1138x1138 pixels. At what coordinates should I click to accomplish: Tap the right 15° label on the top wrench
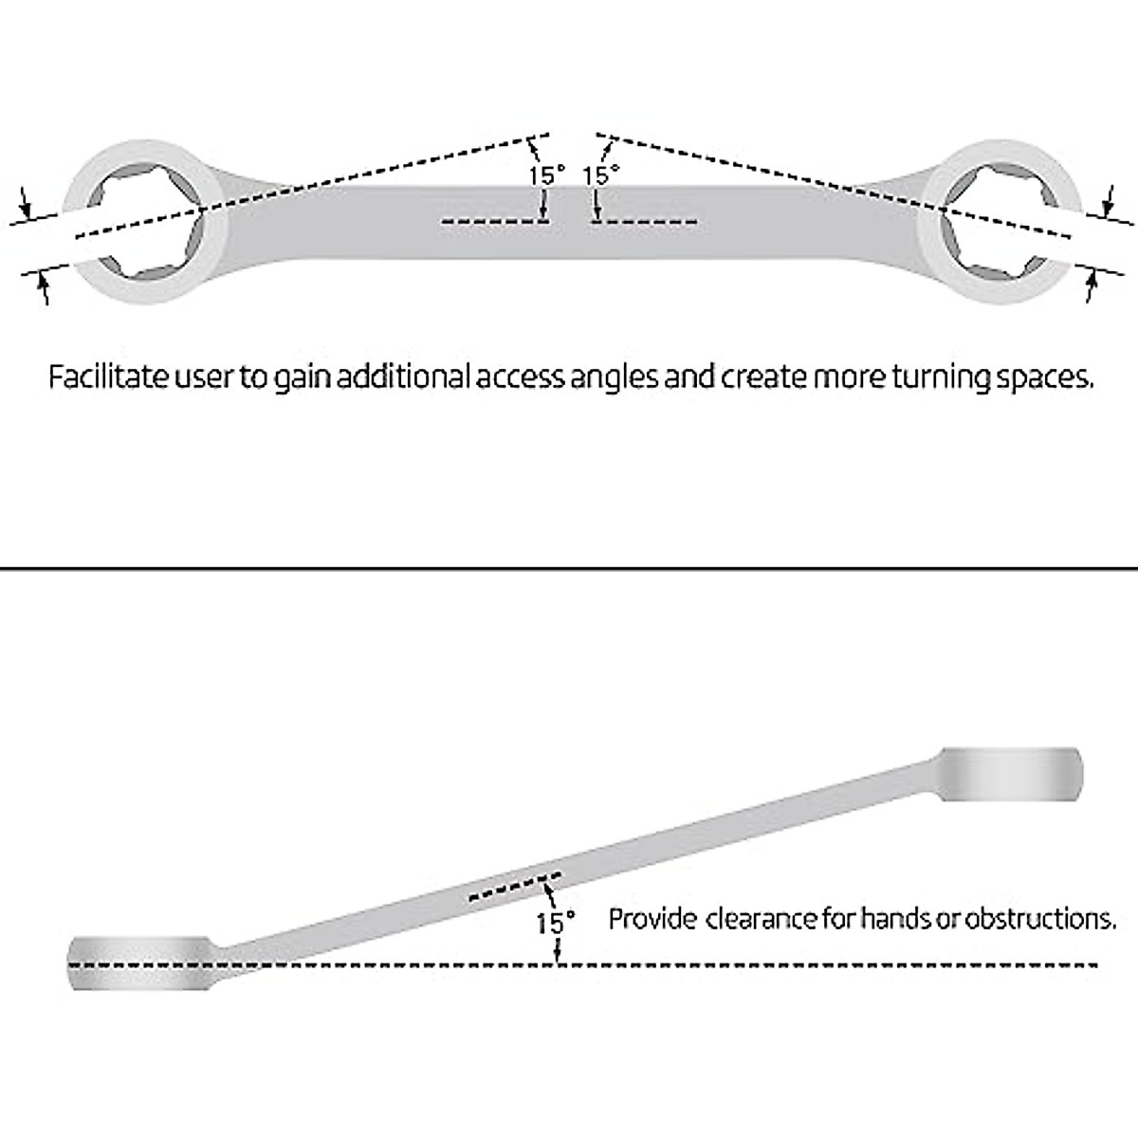tap(600, 175)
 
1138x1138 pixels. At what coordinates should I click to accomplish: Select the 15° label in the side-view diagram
tap(556, 922)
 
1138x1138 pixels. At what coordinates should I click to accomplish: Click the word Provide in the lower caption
tap(652, 919)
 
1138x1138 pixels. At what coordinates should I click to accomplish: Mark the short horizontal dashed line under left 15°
tap(490, 222)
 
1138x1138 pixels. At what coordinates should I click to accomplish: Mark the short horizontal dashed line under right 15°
tap(644, 222)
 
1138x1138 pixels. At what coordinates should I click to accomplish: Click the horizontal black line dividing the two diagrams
tap(569, 568)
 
